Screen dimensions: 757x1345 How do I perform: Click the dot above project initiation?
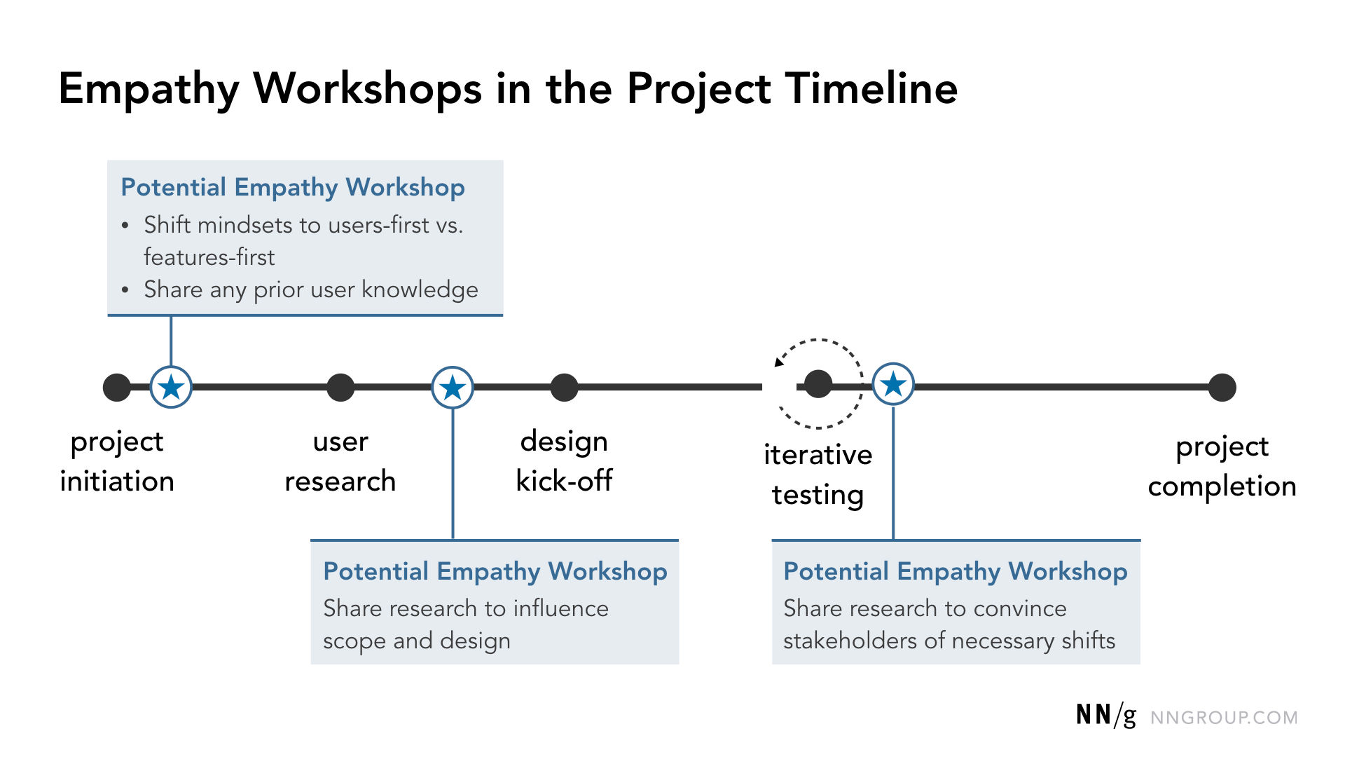click(117, 387)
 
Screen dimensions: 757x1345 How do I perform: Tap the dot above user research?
click(340, 387)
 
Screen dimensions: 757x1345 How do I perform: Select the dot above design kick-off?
click(564, 387)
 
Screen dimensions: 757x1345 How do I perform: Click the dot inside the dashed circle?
click(818, 384)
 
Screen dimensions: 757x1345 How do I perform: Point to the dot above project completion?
click(1222, 387)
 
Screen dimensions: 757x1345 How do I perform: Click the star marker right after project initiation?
click(171, 387)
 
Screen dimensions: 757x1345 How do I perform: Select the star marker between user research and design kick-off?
click(453, 387)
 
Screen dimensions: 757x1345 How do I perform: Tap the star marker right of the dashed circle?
click(893, 384)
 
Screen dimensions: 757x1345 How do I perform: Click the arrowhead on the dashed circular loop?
click(779, 362)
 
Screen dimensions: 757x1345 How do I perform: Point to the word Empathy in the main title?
click(149, 89)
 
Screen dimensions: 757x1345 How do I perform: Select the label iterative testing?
click(818, 475)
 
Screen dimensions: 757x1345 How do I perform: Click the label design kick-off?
click(564, 461)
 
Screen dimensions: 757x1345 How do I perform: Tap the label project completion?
click(1222, 466)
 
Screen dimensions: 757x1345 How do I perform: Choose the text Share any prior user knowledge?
click(310, 289)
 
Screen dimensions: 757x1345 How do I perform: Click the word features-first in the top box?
click(209, 257)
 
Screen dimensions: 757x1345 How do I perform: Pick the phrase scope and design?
click(416, 641)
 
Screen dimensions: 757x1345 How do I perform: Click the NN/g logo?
click(1105, 715)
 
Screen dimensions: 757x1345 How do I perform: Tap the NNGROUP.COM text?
click(1224, 718)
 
